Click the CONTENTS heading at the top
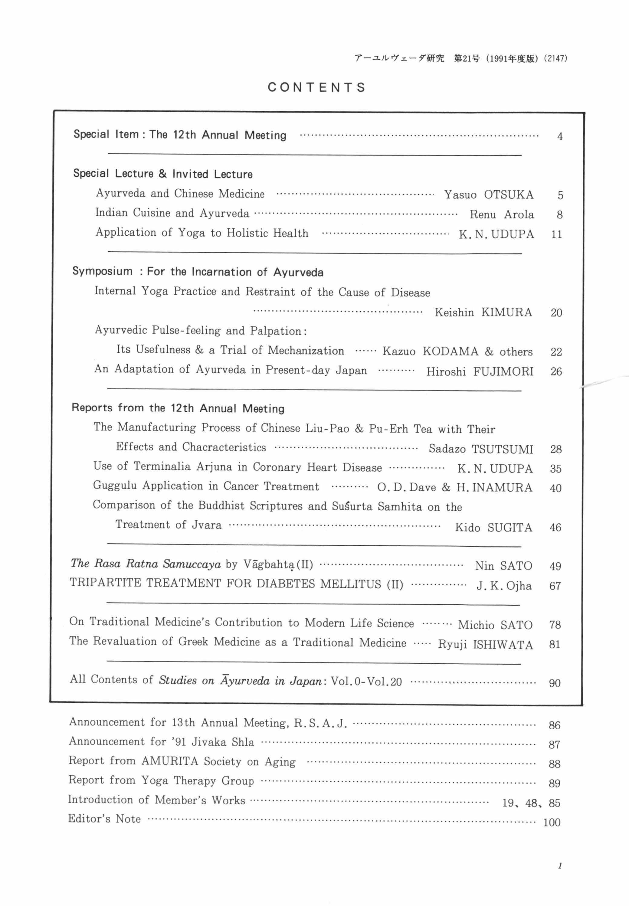(317, 87)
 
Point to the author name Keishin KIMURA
(483, 312)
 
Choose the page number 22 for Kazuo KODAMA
(556, 352)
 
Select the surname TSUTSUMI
(502, 449)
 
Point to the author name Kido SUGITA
(493, 527)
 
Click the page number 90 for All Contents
(555, 683)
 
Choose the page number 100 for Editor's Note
(552, 823)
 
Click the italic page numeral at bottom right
(560, 866)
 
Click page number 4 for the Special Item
(560, 137)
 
